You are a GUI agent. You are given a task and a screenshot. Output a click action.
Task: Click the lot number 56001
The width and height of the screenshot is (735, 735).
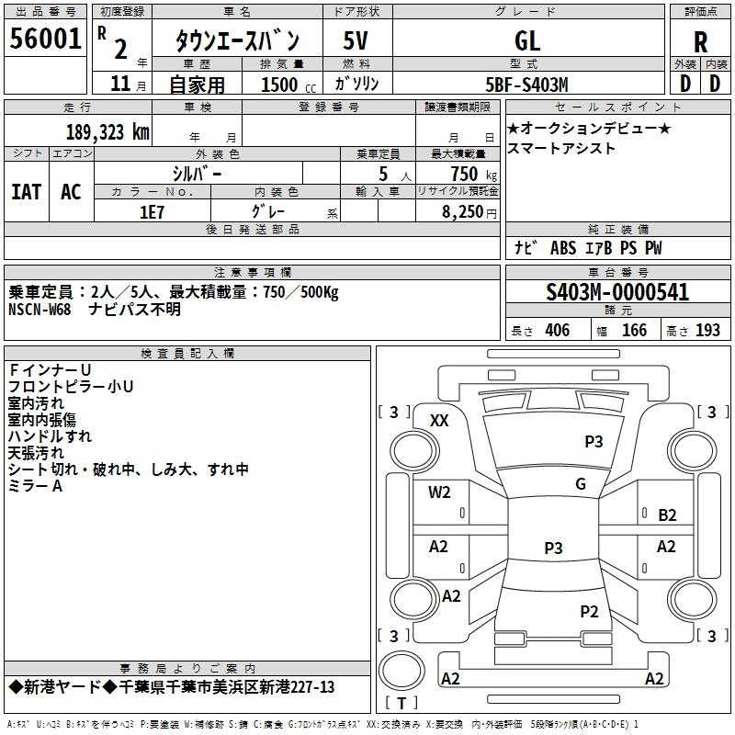[x=44, y=40]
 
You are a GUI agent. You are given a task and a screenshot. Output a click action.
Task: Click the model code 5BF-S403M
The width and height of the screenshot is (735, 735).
[x=527, y=85]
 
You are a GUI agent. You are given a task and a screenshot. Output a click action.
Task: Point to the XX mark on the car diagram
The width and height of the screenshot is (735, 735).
[x=439, y=420]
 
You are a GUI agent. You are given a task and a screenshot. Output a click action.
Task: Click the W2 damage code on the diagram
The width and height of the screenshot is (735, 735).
[x=439, y=492]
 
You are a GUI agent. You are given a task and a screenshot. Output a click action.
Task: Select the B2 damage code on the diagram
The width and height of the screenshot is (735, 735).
[x=667, y=514]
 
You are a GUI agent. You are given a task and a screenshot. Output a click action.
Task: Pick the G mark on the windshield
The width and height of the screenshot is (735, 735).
[x=580, y=484]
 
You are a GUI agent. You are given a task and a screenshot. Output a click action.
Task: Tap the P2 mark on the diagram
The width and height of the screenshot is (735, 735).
[x=589, y=611]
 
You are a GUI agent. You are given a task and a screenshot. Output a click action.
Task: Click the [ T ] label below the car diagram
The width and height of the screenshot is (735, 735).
[x=401, y=704]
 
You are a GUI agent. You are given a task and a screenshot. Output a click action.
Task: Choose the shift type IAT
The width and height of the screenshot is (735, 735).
[x=26, y=192]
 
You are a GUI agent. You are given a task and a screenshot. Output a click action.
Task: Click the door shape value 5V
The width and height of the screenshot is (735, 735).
[x=356, y=40]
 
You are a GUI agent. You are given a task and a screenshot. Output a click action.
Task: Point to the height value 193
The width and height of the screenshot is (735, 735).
[x=707, y=331]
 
